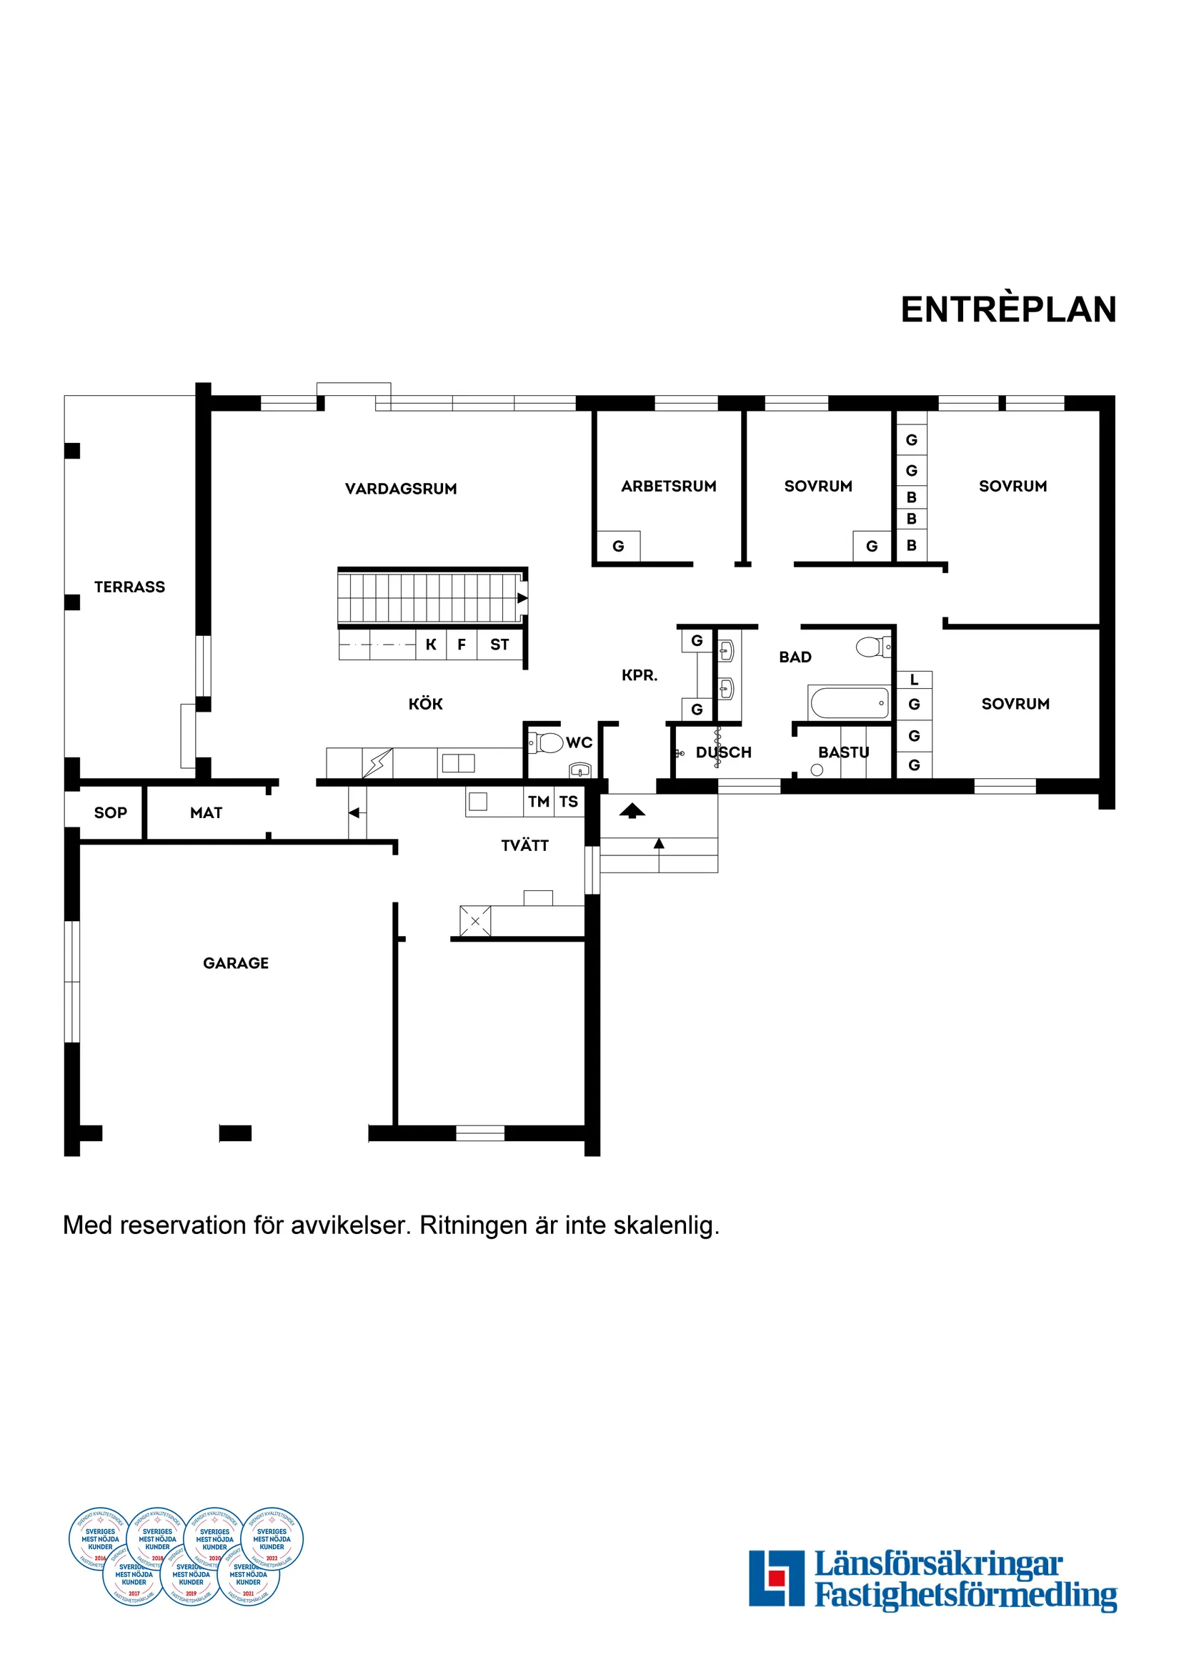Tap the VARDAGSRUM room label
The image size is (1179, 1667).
click(x=401, y=489)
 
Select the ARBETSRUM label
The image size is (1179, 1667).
click(x=669, y=487)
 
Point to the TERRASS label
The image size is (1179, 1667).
click(x=129, y=587)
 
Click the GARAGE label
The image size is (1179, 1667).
click(x=235, y=962)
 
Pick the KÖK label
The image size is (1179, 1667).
click(x=425, y=704)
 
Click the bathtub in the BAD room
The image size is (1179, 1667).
click(x=849, y=703)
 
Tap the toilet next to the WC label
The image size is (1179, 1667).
click(x=549, y=742)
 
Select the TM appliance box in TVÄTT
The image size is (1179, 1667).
click(x=539, y=802)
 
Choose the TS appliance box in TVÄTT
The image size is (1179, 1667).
click(x=569, y=802)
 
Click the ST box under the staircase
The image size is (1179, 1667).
click(x=499, y=645)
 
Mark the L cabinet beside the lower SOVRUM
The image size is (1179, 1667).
click(x=914, y=680)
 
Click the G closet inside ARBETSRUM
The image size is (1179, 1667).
click(x=619, y=546)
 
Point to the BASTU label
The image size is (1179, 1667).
click(x=844, y=752)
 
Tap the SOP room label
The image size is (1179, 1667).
click(x=110, y=812)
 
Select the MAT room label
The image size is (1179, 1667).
click(x=207, y=812)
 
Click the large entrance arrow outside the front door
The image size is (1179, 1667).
click(x=632, y=810)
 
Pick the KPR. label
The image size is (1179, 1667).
click(x=640, y=675)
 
